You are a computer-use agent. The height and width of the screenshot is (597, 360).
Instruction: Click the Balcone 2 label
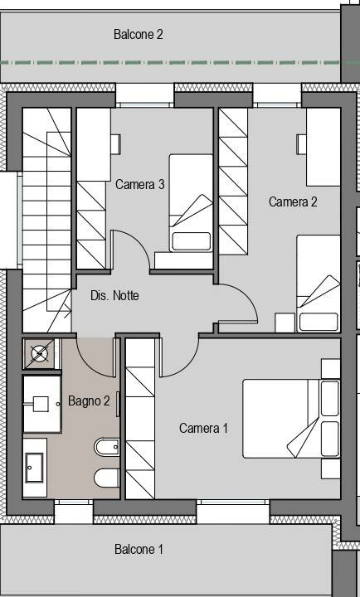click(139, 34)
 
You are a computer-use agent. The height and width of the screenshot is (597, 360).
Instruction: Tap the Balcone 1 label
click(139, 549)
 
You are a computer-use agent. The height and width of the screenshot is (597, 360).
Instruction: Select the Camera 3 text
click(140, 184)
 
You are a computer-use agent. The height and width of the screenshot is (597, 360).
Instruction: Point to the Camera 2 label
click(293, 201)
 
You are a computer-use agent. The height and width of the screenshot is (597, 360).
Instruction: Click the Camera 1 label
click(203, 428)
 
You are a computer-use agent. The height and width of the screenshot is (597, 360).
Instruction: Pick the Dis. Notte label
click(114, 295)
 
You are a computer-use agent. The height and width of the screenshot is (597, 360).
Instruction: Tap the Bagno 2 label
click(89, 400)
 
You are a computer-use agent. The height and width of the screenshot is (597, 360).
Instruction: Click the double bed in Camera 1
click(291, 419)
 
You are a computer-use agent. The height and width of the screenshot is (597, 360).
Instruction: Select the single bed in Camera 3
click(191, 203)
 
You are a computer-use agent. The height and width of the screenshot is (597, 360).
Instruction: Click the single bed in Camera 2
click(319, 284)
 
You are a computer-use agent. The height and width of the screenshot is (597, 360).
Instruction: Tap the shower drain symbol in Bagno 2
click(40, 354)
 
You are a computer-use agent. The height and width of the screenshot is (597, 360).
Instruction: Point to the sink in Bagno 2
click(35, 468)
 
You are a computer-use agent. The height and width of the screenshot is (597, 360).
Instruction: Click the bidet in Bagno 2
click(107, 447)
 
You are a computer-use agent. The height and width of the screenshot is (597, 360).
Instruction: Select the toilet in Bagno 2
click(107, 478)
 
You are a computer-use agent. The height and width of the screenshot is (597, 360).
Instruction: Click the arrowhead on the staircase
click(69, 313)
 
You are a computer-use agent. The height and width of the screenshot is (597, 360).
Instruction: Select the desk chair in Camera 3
click(116, 144)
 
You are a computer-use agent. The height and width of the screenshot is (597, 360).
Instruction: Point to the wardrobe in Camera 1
click(140, 419)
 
